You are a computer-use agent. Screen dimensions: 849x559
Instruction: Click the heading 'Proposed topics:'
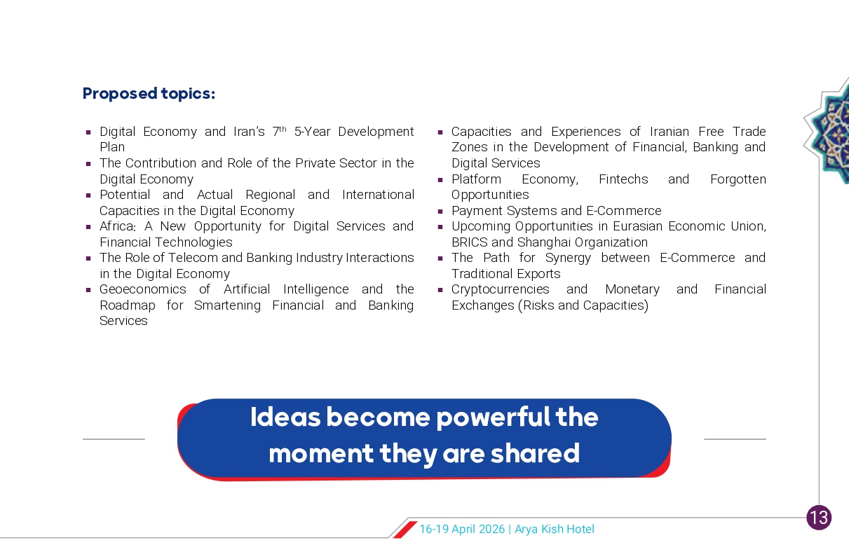click(149, 94)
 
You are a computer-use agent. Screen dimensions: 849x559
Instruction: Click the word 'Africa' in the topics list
click(118, 226)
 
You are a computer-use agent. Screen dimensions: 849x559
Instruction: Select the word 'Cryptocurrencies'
click(501, 289)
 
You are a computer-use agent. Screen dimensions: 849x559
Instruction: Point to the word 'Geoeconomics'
click(143, 289)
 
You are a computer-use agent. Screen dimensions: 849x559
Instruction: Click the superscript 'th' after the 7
click(283, 129)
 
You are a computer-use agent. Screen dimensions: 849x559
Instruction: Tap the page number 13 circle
click(819, 518)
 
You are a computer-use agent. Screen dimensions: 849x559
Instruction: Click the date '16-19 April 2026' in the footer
click(462, 529)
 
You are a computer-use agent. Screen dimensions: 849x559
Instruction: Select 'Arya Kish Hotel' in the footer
click(555, 529)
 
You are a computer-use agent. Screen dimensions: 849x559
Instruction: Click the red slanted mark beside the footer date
click(405, 530)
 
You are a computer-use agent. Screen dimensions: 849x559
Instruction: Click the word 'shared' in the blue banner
click(535, 453)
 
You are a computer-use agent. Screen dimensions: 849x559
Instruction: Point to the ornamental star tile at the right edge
click(828, 131)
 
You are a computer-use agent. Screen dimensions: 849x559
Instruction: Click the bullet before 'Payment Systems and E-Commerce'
click(440, 212)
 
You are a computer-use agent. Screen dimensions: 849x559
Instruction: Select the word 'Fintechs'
click(623, 179)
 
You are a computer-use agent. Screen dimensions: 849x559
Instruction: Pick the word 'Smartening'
click(227, 305)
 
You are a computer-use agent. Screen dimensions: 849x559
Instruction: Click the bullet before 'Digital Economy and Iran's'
click(88, 132)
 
